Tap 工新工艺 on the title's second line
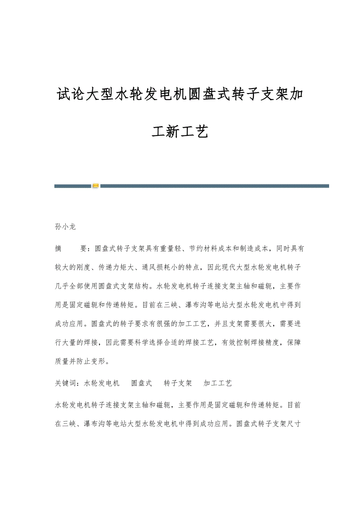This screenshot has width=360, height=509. tap(180, 132)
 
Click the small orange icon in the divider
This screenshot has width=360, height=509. tap(96, 186)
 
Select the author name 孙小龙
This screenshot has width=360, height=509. tap(65, 226)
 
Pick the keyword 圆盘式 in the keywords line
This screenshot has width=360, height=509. tap(141, 383)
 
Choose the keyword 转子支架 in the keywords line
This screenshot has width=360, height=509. tap(178, 383)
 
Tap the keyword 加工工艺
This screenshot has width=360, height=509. tap(218, 383)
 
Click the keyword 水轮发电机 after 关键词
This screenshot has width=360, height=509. tap(102, 383)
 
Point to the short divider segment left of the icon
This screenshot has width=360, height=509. tap(72, 186)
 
